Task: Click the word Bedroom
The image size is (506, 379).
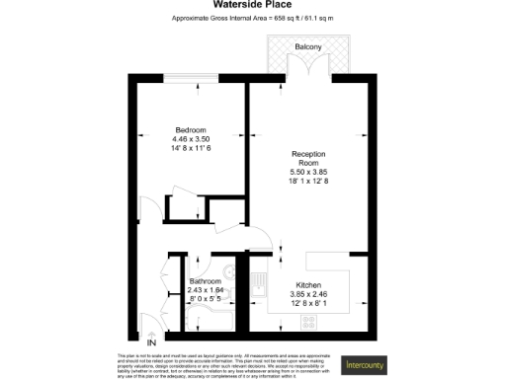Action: click(191, 130)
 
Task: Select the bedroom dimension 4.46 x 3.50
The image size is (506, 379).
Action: click(191, 139)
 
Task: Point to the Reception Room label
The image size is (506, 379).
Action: click(307, 159)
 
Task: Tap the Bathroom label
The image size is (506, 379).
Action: click(206, 281)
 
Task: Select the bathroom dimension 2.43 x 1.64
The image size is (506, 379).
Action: click(206, 289)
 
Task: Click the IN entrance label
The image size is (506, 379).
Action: click(151, 341)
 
